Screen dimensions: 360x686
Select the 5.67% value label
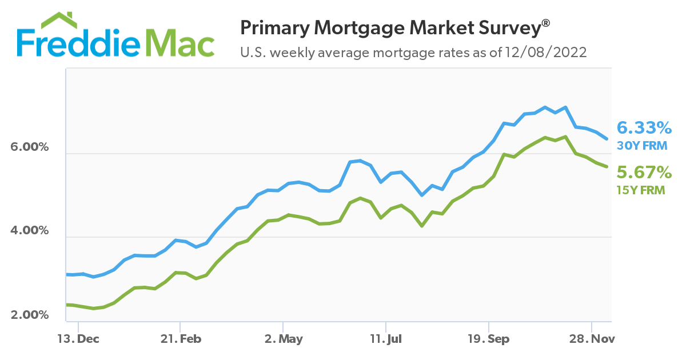point(643,172)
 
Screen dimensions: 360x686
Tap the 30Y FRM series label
point(642,146)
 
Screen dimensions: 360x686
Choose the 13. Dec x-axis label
point(79,339)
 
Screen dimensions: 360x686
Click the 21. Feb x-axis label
point(181,339)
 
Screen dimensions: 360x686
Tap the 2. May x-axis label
point(284,339)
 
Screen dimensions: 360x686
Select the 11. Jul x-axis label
point(386,339)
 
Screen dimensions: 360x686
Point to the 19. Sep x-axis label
point(489,339)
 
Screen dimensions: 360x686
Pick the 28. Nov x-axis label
point(592,339)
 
